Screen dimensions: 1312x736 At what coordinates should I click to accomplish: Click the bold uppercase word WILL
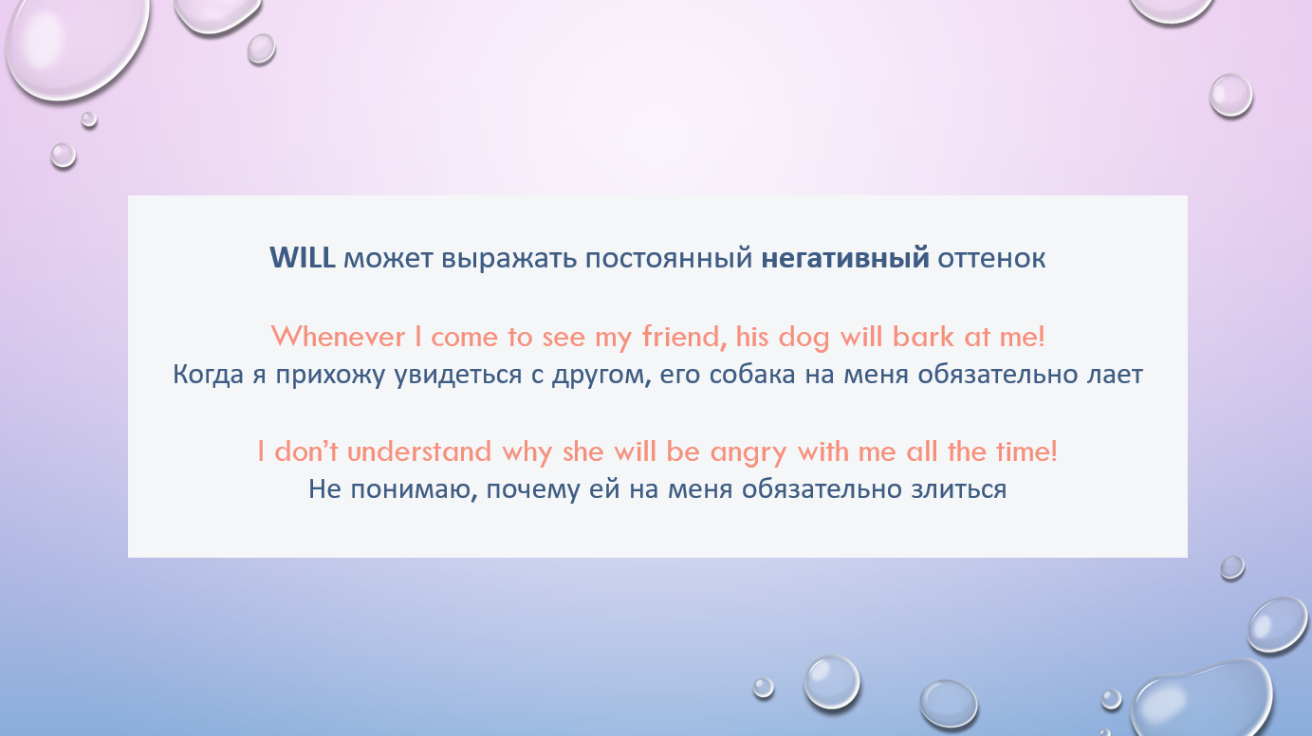click(303, 258)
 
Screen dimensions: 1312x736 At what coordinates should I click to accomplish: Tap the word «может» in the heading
click(388, 259)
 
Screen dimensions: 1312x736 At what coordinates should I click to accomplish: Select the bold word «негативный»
click(844, 259)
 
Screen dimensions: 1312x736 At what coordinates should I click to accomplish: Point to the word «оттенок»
click(991, 259)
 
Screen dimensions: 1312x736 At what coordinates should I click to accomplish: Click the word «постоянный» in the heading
click(668, 259)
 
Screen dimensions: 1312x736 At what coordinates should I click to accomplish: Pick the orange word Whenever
click(338, 337)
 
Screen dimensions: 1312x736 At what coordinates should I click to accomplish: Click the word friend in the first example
click(685, 337)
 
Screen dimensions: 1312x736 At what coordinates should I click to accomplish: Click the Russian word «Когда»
click(208, 375)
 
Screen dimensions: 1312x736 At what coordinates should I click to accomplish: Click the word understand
click(418, 451)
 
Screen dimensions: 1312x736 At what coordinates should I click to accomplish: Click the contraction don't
click(306, 451)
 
